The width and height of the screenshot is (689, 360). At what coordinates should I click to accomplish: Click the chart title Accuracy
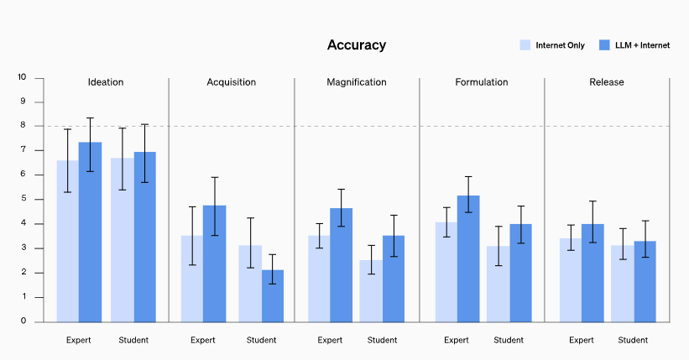click(357, 45)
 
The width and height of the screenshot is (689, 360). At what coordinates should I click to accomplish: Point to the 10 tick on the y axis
click(22, 77)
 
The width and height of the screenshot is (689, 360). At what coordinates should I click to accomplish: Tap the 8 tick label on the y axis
click(23, 126)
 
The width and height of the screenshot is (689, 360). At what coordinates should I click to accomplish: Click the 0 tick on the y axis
click(23, 321)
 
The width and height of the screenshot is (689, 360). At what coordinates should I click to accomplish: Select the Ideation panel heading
click(106, 82)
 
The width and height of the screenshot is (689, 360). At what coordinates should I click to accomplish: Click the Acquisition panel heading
click(231, 82)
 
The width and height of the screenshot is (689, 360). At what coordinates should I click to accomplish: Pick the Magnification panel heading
click(357, 82)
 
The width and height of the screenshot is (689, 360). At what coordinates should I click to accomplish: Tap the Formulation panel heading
click(482, 82)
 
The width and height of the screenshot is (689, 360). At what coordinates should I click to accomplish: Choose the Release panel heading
click(607, 82)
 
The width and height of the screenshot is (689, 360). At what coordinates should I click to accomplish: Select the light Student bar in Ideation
click(122, 239)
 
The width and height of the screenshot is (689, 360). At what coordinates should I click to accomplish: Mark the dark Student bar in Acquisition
click(273, 295)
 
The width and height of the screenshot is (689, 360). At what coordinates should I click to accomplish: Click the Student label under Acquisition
click(262, 340)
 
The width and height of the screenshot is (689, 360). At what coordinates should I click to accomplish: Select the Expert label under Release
click(582, 340)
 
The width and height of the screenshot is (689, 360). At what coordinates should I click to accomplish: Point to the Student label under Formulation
click(509, 340)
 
